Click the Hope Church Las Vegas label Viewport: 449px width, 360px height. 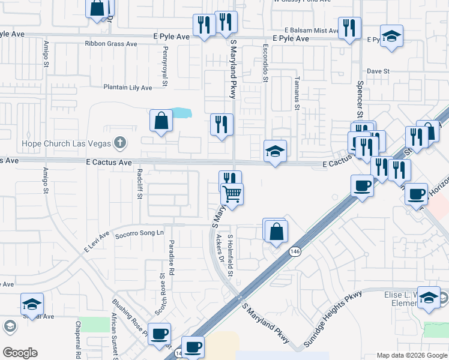coord(67,143)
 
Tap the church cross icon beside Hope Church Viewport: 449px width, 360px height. coord(120,143)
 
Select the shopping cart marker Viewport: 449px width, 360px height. coord(232,194)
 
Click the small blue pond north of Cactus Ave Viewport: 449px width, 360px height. coord(181,113)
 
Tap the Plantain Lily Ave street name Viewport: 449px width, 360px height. coord(128,88)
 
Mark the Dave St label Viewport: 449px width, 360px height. coord(378,71)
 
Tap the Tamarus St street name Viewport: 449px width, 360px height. coord(297,94)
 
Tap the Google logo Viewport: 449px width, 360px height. coord(20,353)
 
